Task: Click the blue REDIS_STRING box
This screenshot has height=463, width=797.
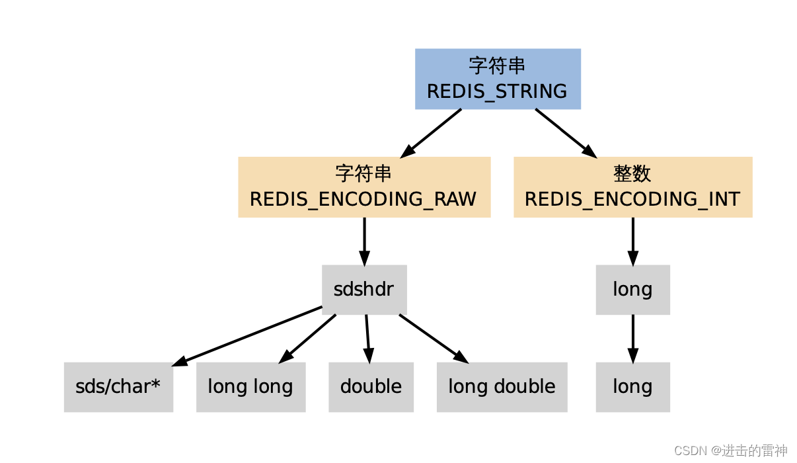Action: (x=498, y=79)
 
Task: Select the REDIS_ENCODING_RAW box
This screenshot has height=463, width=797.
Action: (x=364, y=187)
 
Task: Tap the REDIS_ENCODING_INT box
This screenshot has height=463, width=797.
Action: (x=632, y=187)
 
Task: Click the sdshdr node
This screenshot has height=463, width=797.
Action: (x=364, y=290)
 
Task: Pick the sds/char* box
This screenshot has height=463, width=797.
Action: (x=118, y=387)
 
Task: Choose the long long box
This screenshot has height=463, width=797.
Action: (x=250, y=387)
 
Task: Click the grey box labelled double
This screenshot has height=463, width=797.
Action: (x=371, y=387)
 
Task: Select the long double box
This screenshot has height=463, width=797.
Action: (x=502, y=387)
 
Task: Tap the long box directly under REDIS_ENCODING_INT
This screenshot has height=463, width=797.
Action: (x=632, y=290)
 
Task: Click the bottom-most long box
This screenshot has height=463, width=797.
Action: (x=632, y=387)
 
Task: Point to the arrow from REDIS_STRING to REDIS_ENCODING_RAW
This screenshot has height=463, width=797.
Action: (x=432, y=132)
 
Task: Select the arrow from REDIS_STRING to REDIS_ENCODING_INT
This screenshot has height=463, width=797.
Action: (x=565, y=132)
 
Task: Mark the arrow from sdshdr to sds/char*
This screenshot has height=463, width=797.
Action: (x=248, y=335)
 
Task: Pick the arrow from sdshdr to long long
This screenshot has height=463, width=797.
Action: (x=308, y=338)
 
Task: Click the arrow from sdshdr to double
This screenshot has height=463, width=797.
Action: (x=368, y=338)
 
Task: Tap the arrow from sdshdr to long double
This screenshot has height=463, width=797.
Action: (x=433, y=338)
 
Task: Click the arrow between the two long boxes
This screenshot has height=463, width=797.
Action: (x=632, y=338)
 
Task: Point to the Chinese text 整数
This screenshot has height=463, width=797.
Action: (x=632, y=174)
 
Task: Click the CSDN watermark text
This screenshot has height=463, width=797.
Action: (x=730, y=450)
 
